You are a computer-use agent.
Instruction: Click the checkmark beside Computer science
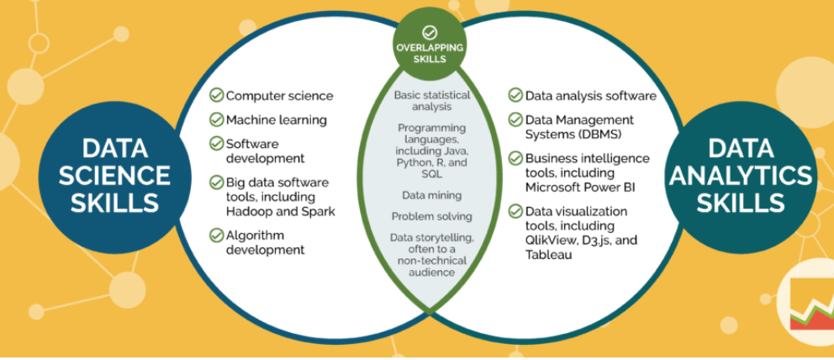click(217, 96)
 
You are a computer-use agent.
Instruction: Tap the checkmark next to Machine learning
click(217, 119)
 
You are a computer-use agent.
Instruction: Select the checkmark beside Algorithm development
click(217, 235)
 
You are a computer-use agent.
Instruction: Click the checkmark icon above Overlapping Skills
click(430, 32)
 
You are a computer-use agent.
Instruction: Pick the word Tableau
click(549, 254)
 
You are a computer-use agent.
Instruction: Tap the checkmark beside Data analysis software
click(515, 96)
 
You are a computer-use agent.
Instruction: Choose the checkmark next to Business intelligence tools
click(515, 158)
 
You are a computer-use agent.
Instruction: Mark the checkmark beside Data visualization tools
click(515, 212)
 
